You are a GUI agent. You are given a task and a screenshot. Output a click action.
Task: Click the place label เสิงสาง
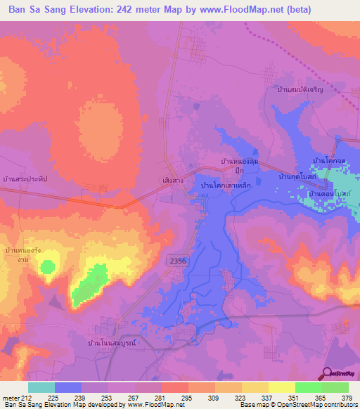pyautogui.click(x=173, y=180)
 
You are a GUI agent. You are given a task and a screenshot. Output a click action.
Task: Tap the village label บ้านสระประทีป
pyautogui.click(x=25, y=180)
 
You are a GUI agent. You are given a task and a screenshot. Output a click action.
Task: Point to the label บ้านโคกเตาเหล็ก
pyautogui.click(x=226, y=184)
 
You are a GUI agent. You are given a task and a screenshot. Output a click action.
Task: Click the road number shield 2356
pyautogui.click(x=178, y=261)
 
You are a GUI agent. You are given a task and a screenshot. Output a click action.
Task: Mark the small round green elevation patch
pyautogui.click(x=47, y=266)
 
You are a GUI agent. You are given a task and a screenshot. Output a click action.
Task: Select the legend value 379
pyautogui.click(x=348, y=398)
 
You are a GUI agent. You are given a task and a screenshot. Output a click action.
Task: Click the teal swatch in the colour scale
pyautogui.click(x=41, y=387)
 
